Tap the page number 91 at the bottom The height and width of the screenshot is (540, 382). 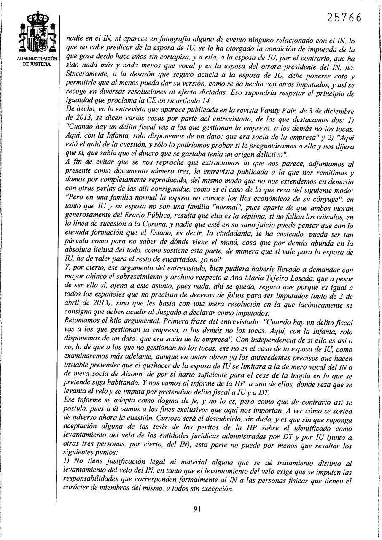click(x=196, y=508)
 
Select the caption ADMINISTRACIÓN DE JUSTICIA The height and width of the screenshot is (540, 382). click(x=38, y=61)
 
